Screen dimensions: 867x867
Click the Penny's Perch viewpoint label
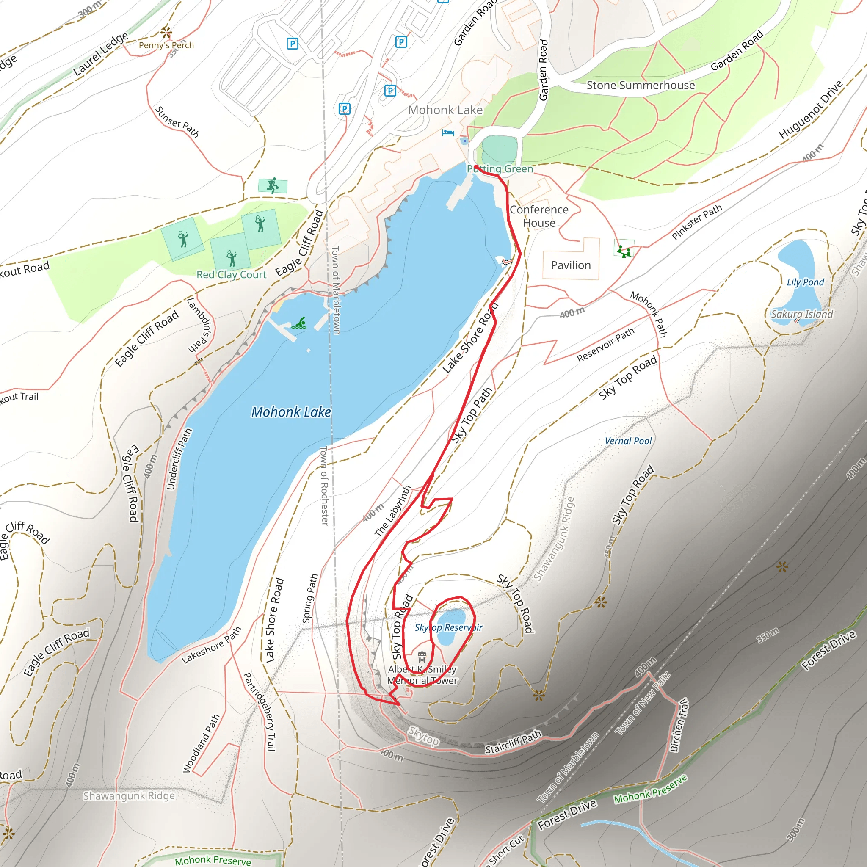(166, 45)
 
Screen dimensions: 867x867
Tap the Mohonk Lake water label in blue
(291, 412)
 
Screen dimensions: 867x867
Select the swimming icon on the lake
(300, 323)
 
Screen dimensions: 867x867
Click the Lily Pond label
(806, 282)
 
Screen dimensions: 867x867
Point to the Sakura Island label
(802, 314)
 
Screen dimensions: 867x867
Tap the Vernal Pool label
(628, 441)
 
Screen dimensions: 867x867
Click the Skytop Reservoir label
(448, 627)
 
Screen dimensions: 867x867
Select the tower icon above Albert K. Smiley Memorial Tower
(422, 657)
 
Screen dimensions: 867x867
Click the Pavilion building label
(571, 265)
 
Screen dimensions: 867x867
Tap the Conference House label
(539, 216)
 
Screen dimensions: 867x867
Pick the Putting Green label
(500, 169)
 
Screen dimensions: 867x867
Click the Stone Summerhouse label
(641, 85)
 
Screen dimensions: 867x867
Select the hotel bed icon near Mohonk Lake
(448, 133)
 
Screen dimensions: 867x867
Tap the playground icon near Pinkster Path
(624, 251)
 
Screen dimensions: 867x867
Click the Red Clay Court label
(232, 275)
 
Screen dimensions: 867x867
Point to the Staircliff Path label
(514, 743)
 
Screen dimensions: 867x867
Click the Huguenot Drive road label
(811, 110)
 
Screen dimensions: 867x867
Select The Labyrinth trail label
(393, 511)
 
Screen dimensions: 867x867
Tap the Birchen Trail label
(679, 725)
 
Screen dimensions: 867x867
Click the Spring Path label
(310, 598)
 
